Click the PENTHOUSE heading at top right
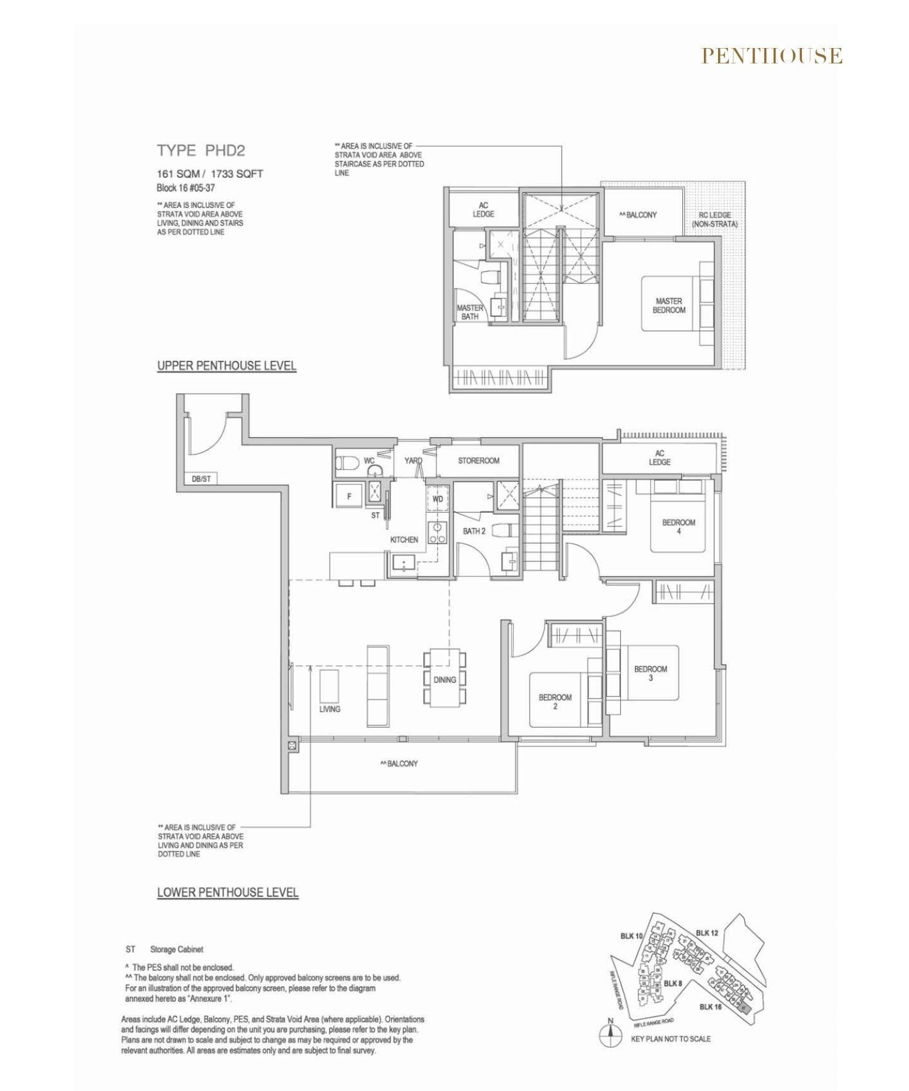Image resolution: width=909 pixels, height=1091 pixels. point(772,56)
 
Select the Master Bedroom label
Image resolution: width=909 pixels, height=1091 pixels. point(669,305)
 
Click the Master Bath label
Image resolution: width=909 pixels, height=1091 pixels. point(469,312)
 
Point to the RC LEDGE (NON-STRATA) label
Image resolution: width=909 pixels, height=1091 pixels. point(714,220)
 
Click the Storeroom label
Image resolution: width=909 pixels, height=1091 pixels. point(479,461)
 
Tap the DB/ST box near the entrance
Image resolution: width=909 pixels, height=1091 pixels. point(201,478)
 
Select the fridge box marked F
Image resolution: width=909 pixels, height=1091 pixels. point(349,496)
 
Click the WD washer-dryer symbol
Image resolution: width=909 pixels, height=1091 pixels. point(437,499)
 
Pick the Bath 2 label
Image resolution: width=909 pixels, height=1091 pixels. point(474,531)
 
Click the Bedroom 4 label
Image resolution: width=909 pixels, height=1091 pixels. point(679,526)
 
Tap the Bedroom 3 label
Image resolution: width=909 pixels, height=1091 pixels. point(650,673)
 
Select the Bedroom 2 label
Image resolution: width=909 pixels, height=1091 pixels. point(555,701)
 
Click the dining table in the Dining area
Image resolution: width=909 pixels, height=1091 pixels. point(444,678)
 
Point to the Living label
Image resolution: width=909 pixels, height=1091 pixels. point(329,709)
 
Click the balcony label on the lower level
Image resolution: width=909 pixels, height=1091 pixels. point(399,763)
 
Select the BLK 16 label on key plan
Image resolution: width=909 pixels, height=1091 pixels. point(710,1007)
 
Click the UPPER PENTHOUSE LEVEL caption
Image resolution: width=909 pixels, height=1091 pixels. point(227,366)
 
